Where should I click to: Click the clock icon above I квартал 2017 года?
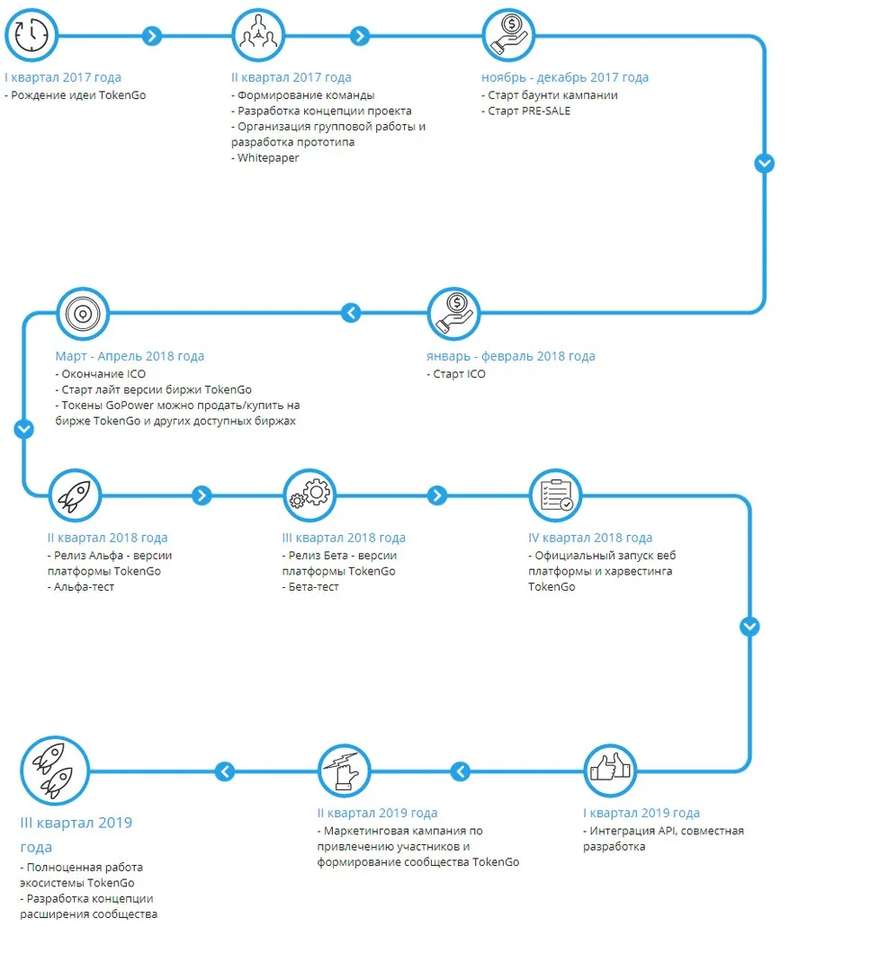click(x=31, y=35)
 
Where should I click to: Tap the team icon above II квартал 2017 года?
click(x=258, y=35)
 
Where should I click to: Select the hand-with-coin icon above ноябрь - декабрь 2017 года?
click(x=508, y=35)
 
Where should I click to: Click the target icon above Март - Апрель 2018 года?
click(x=83, y=314)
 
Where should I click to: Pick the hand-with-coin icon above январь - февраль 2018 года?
click(x=454, y=314)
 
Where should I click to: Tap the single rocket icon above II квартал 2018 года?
click(x=75, y=495)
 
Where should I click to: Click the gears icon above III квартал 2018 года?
click(x=309, y=495)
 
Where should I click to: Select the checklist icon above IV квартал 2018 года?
click(x=556, y=495)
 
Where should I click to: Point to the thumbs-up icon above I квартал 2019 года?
click(x=610, y=771)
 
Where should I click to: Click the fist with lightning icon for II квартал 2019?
click(x=345, y=771)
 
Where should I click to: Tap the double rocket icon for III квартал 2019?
click(x=55, y=771)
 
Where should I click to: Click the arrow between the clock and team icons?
click(x=152, y=36)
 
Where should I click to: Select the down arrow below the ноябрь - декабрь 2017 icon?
click(x=764, y=164)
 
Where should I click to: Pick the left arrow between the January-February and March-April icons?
click(x=352, y=313)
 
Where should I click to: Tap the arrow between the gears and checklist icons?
click(x=437, y=495)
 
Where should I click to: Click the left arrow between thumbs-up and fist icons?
click(x=461, y=771)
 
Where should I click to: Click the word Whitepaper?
click(x=268, y=158)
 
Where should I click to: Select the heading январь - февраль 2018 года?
click(x=511, y=356)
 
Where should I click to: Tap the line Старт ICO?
click(x=456, y=374)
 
